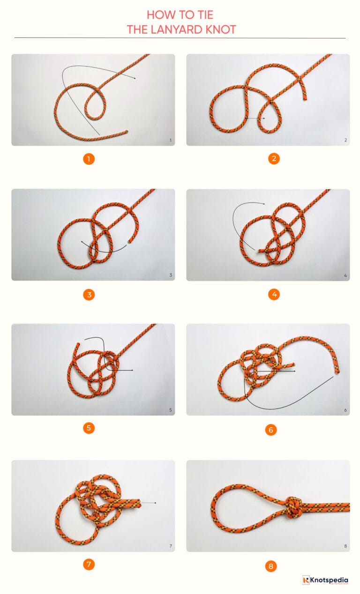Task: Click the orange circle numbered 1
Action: click(x=89, y=159)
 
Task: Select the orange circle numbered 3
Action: click(x=89, y=295)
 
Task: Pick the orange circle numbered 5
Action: click(x=89, y=428)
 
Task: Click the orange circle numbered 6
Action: click(x=270, y=430)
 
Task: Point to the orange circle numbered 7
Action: click(x=89, y=564)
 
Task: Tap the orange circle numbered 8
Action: click(x=270, y=566)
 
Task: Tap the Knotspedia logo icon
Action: click(x=307, y=580)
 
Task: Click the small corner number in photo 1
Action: click(x=170, y=140)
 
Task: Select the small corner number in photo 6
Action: click(x=345, y=410)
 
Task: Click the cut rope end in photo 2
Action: click(x=305, y=99)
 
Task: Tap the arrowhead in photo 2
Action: click(x=264, y=119)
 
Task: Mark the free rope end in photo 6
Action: click(x=336, y=373)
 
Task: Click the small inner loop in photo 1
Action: click(x=95, y=103)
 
